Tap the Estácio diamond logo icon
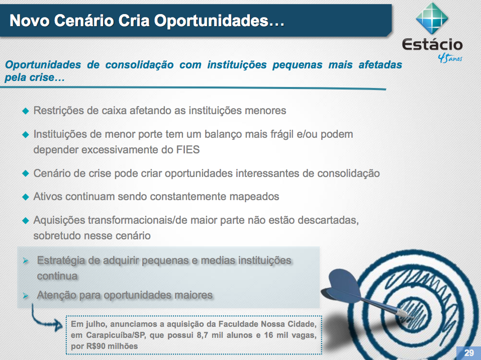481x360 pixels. point(432,19)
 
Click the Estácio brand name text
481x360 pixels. point(432,45)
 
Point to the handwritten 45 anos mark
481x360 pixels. point(450,57)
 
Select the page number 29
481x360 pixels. point(469,352)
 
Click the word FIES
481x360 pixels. point(188,150)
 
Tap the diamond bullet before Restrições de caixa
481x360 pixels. point(26,111)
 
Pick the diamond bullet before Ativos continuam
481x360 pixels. point(26,197)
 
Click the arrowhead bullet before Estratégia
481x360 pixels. point(26,261)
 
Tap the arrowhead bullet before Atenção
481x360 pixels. point(26,296)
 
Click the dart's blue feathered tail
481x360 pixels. point(341,284)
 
